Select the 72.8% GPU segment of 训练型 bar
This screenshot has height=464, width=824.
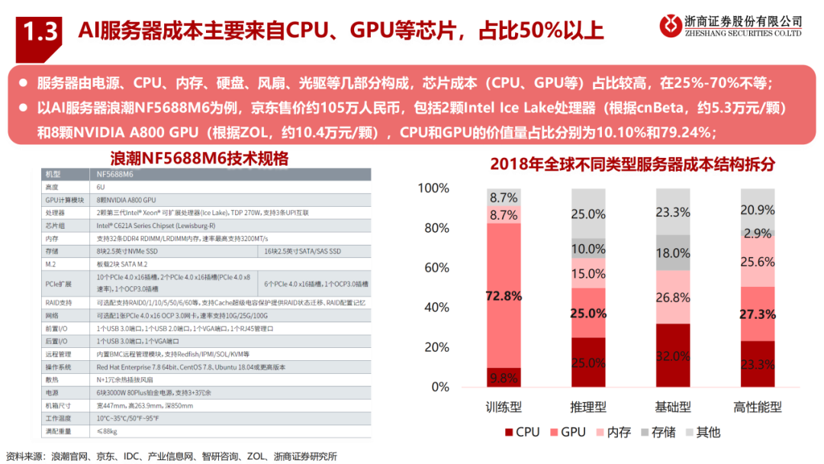click(504, 295)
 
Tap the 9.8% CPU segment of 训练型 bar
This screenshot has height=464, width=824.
click(504, 377)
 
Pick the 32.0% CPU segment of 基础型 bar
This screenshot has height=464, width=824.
click(673, 355)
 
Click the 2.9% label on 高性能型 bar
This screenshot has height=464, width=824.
click(758, 233)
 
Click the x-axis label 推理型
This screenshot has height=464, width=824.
click(588, 407)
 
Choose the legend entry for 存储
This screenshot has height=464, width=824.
click(656, 433)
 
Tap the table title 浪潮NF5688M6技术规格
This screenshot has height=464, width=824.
click(199, 159)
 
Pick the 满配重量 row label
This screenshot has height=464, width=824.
click(59, 432)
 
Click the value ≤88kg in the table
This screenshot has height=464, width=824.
click(108, 432)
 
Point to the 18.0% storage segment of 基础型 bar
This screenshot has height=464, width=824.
click(673, 253)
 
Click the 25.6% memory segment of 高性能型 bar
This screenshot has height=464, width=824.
click(758, 261)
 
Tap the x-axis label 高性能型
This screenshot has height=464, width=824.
click(758, 407)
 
